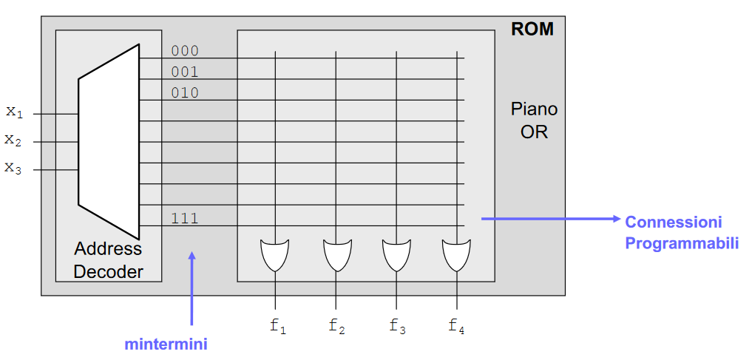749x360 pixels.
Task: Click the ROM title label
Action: point(532,30)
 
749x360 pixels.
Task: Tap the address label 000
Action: point(185,51)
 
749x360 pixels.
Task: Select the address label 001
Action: point(185,72)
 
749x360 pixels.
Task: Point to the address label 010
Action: point(185,92)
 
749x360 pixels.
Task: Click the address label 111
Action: point(185,218)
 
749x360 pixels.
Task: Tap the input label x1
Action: point(15,112)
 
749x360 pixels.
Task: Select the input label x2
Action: point(14,140)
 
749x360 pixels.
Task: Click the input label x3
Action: point(14,168)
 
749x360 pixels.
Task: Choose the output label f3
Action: point(397,325)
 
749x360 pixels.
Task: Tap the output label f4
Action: point(457,325)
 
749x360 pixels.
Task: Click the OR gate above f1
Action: point(275,254)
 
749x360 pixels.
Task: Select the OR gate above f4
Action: point(456,254)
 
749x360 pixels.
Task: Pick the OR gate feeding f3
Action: point(396,254)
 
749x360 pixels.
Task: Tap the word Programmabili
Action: point(682,242)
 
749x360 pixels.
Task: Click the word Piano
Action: point(534,109)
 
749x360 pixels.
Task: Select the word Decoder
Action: point(109,271)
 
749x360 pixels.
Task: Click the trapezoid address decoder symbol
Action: point(109,141)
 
